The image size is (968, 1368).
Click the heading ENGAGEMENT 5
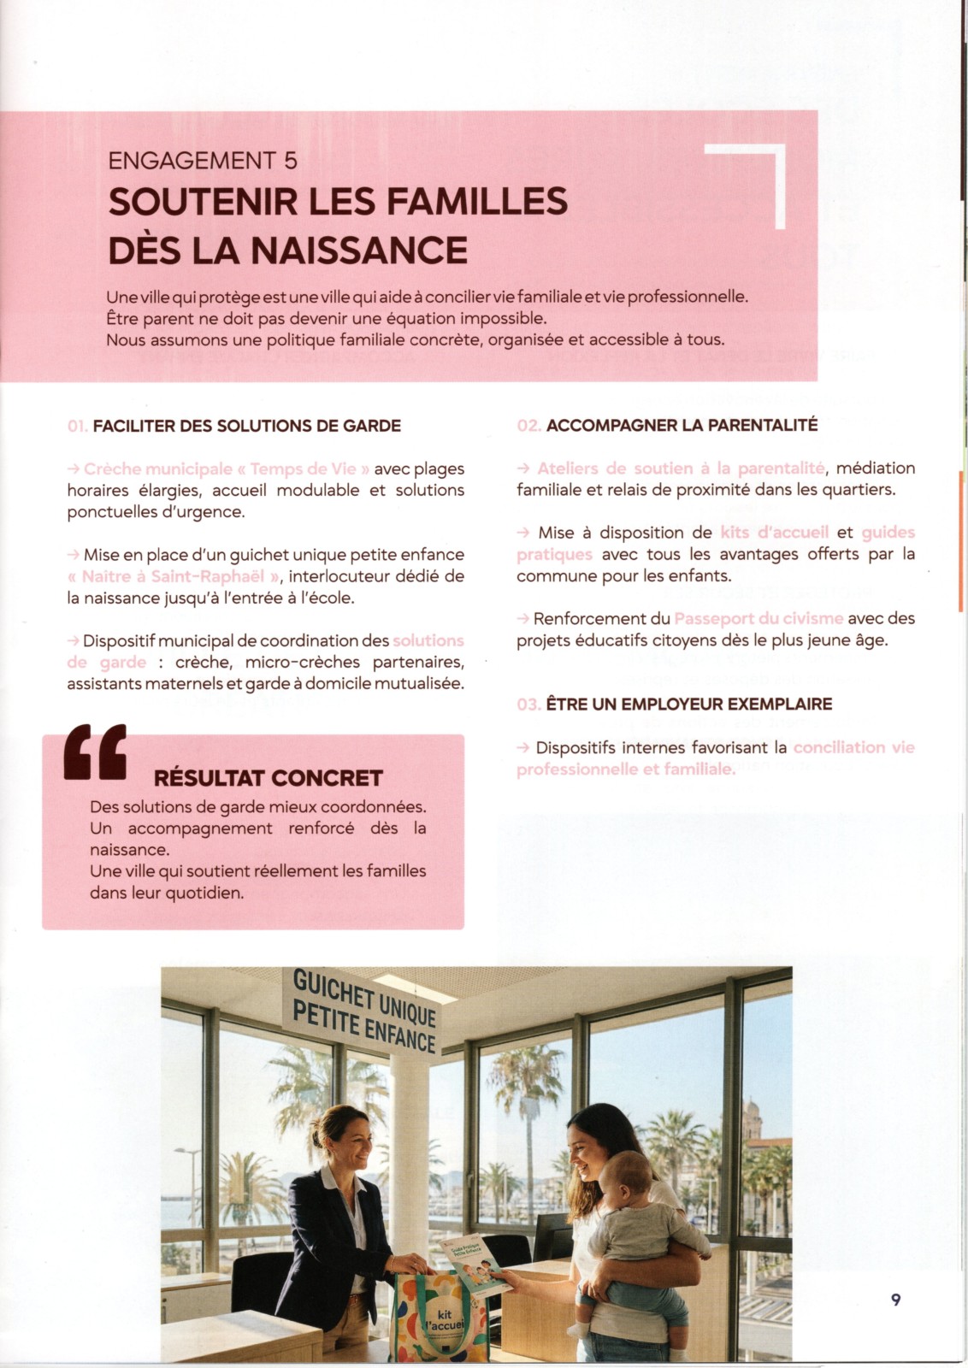pyautogui.click(x=203, y=161)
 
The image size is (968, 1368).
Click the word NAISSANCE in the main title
pyautogui.click(x=359, y=250)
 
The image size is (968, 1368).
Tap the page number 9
pyautogui.click(x=895, y=1300)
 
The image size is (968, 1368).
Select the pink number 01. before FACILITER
pyautogui.click(x=77, y=426)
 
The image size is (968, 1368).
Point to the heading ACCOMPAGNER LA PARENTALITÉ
pyautogui.click(x=682, y=425)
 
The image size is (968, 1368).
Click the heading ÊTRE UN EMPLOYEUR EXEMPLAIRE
pyautogui.click(x=688, y=705)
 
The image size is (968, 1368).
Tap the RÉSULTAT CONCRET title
pyautogui.click(x=268, y=778)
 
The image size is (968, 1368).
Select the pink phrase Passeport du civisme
pyautogui.click(x=758, y=618)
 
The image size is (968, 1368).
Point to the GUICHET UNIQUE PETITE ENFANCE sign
pyautogui.click(x=364, y=1009)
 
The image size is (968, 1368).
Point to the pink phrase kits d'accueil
pyautogui.click(x=774, y=533)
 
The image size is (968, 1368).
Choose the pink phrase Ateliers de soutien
pyautogui.click(x=614, y=469)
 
